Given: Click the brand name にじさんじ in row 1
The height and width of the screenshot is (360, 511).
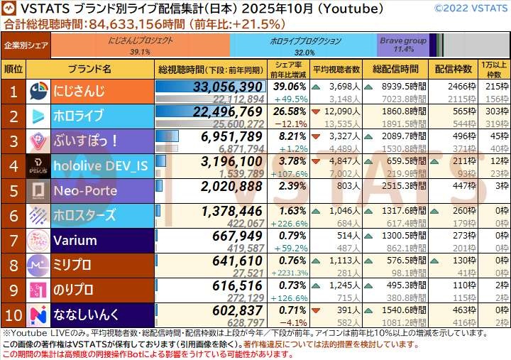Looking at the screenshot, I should point(79,92).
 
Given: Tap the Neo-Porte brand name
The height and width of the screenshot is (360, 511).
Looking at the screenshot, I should point(85,190).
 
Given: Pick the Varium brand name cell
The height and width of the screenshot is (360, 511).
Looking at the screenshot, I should point(75,239).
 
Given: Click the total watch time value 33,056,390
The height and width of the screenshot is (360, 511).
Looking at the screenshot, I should point(228,87).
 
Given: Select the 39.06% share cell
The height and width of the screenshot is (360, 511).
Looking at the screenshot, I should point(289,86).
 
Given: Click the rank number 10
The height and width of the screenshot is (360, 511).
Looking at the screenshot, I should point(13,314).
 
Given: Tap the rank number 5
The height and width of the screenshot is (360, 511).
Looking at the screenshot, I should point(13,190).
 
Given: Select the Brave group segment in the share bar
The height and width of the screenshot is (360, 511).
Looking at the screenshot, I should point(403,45).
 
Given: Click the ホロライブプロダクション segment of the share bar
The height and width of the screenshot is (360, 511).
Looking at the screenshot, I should point(304,45).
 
